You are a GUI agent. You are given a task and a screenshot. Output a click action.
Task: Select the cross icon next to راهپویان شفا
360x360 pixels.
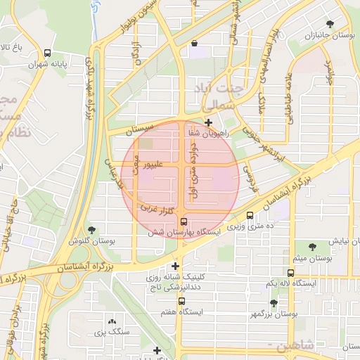tap(208, 122)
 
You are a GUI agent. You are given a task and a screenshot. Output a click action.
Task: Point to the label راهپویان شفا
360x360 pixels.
tap(208, 133)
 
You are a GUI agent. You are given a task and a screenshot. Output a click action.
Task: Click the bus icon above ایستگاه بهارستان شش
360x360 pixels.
tap(184, 221)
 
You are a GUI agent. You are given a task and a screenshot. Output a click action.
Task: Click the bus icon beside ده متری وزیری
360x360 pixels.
tap(251, 216)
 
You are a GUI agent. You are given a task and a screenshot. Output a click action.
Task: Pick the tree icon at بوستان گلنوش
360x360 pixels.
tap(91, 229)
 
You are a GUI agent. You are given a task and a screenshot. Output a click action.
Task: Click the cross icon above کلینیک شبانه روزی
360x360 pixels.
tap(175, 266)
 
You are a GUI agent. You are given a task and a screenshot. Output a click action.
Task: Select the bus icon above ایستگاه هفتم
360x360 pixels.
tap(181, 301)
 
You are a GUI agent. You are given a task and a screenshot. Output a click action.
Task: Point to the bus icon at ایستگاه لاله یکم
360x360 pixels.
tap(290, 273)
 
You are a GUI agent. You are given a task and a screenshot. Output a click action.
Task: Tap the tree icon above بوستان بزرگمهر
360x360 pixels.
tap(274, 303)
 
